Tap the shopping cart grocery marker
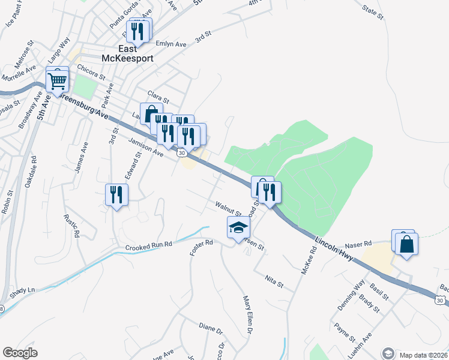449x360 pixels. point(58,80)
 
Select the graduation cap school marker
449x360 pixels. point(238,229)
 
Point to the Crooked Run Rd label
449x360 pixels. point(149,246)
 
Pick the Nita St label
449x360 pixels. point(274,279)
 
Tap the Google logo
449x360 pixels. point(20,353)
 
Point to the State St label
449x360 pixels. point(372,11)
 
